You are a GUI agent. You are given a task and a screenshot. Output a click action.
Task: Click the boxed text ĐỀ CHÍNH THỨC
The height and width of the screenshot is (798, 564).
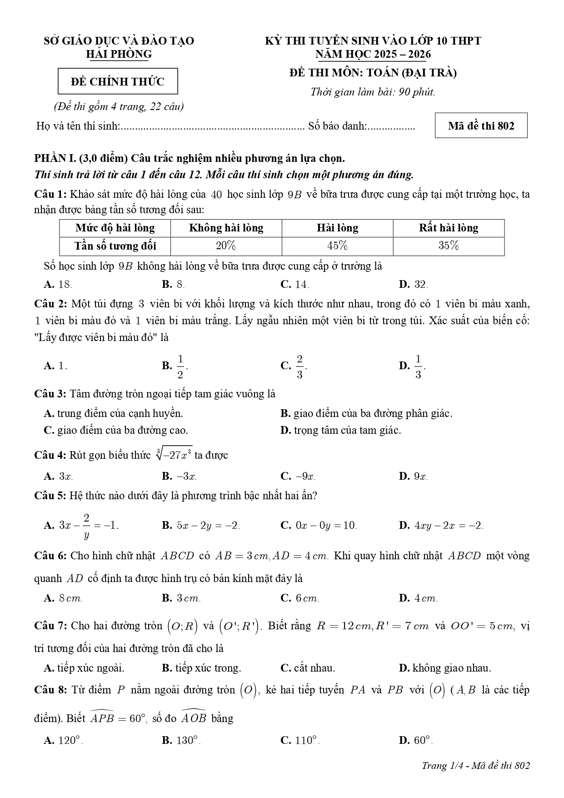118,82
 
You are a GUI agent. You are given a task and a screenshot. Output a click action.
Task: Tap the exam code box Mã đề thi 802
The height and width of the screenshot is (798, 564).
481,125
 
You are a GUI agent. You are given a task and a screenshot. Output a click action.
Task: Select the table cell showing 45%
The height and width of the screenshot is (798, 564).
337,246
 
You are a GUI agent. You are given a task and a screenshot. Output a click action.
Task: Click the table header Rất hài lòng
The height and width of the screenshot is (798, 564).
448,228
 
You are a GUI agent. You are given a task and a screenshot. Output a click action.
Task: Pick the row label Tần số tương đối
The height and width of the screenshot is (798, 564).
115,246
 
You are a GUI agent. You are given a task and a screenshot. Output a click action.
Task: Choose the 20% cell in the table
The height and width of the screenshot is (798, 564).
226,246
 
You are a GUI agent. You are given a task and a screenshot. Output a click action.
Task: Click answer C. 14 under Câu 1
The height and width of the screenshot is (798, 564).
295,285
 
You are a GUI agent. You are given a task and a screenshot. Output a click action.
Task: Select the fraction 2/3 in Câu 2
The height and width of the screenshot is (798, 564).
299,366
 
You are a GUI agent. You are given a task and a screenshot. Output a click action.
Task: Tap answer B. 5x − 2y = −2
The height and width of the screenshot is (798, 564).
201,526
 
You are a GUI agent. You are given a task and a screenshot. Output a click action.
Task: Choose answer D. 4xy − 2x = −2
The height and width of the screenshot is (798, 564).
441,526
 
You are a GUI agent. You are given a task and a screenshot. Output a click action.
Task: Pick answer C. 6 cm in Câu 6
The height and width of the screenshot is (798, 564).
300,598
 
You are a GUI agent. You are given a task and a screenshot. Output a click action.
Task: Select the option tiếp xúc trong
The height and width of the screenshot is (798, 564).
201,668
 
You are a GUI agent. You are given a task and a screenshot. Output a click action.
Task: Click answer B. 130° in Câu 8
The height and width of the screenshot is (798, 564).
181,740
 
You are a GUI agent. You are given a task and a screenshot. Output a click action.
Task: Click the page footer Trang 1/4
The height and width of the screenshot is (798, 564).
475,766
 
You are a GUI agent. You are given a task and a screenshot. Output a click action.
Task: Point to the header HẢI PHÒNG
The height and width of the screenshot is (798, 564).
119,54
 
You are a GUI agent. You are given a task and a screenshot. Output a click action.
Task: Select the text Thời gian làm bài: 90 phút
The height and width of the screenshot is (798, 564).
373,92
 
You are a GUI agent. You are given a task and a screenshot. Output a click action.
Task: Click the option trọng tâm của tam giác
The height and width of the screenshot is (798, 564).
341,430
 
